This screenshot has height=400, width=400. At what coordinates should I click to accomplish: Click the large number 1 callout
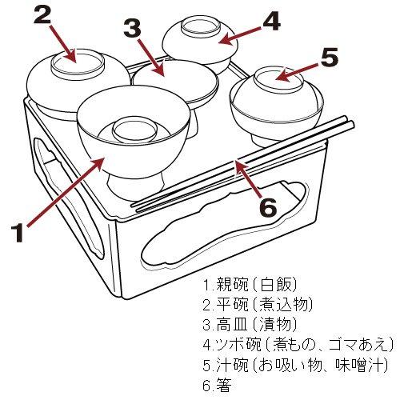(x=18, y=233)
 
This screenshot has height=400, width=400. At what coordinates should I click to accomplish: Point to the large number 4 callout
(x=270, y=22)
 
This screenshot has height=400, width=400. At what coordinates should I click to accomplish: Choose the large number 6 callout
(x=268, y=206)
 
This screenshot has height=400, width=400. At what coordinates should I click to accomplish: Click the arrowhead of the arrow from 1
(x=98, y=163)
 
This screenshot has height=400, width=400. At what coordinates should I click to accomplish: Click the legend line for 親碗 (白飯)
(x=250, y=285)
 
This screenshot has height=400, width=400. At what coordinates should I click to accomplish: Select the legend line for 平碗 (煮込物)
(x=258, y=305)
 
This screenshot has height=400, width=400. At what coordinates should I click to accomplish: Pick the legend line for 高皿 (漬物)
(x=250, y=324)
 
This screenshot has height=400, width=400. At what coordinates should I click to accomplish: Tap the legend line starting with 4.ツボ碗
(x=298, y=345)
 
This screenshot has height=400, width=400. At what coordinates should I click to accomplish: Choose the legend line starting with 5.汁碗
(x=295, y=365)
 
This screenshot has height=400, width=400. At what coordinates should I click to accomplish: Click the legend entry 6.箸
(x=217, y=385)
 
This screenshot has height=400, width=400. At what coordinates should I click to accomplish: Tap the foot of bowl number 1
(x=135, y=186)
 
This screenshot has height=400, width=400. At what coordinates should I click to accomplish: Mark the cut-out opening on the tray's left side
(x=70, y=198)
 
